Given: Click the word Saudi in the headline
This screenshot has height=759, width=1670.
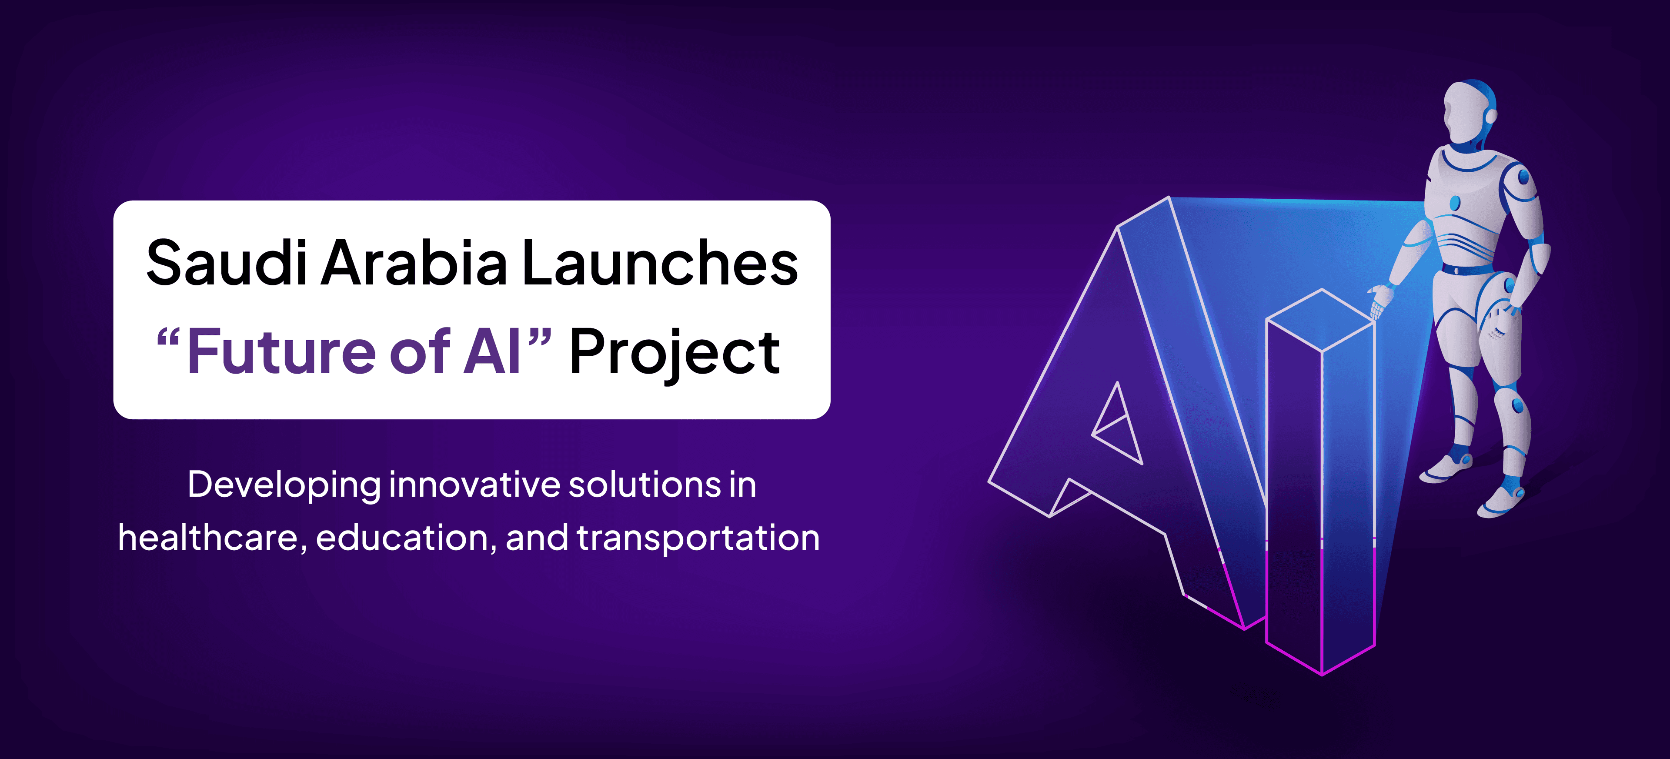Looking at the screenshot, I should (x=226, y=263).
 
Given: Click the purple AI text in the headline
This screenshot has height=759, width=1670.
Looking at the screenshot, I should (x=492, y=351).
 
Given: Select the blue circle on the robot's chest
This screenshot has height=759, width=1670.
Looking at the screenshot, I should (x=1455, y=203).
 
